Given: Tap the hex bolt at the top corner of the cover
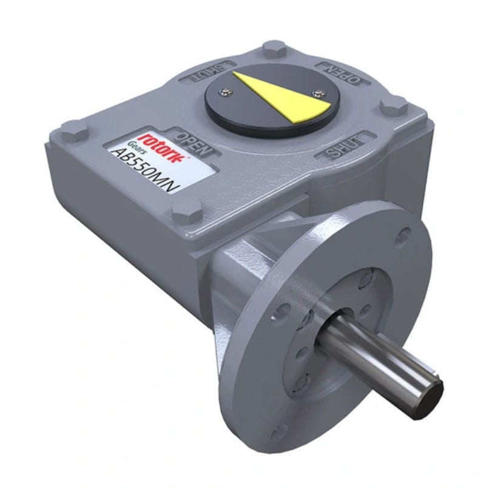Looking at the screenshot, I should coord(273,48).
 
